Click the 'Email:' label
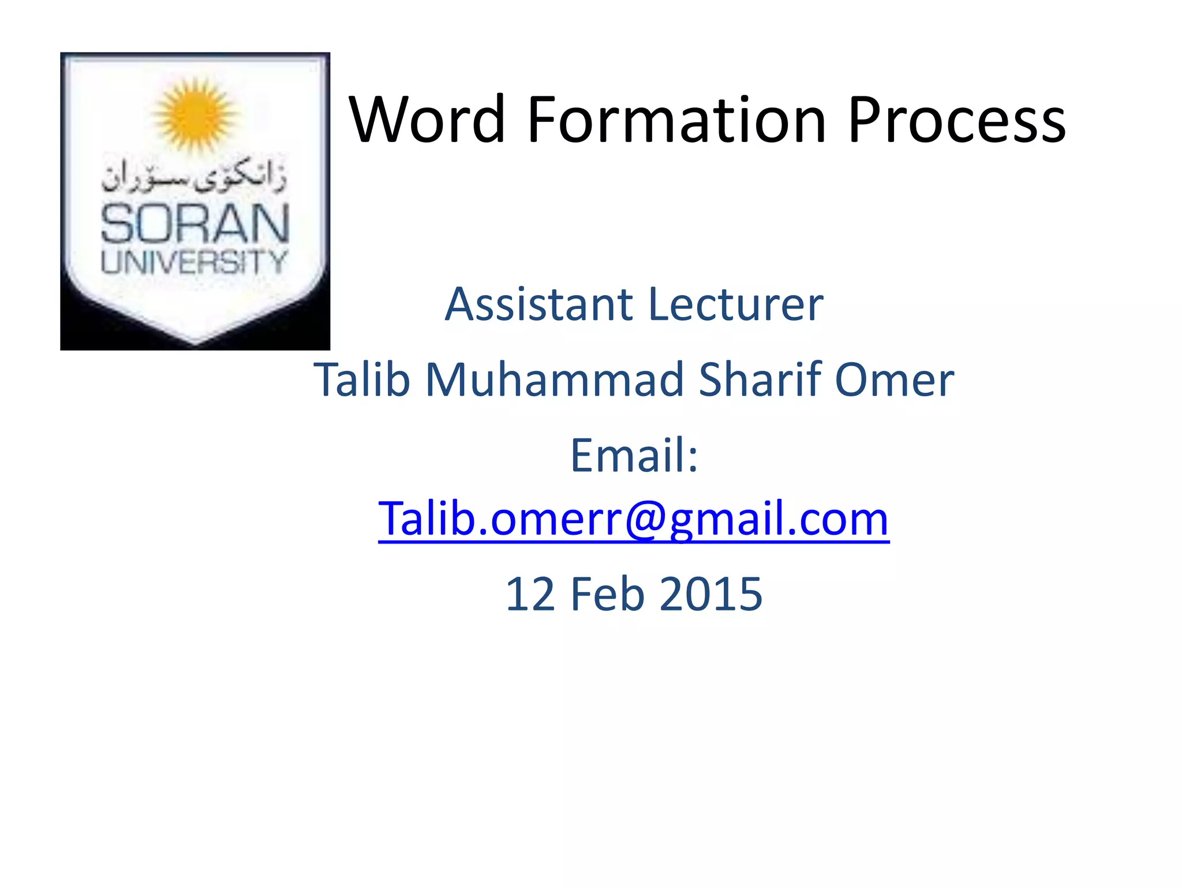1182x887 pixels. pos(634,455)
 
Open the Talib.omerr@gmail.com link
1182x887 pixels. pos(633,519)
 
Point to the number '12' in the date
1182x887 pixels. pos(530,594)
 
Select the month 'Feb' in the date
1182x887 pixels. pos(607,594)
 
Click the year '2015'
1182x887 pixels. pos(710,594)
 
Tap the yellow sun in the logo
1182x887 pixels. pos(195,114)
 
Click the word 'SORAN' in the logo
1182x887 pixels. pos(195,224)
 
